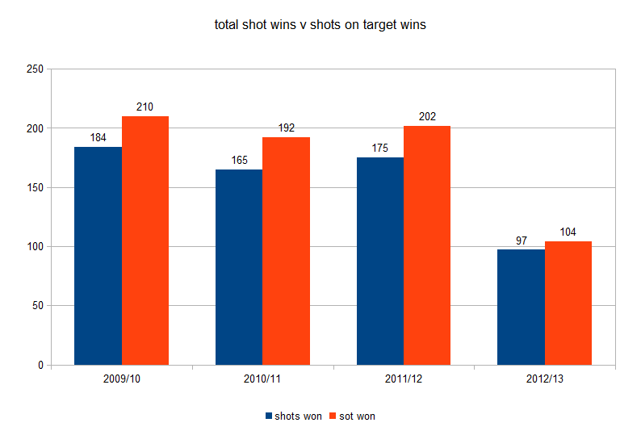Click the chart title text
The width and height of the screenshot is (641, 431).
320,25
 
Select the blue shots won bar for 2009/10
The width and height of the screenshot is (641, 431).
98,256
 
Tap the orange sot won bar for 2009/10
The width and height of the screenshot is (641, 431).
145,241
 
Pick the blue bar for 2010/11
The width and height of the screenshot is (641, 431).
239,267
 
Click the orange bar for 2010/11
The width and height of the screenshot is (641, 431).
286,251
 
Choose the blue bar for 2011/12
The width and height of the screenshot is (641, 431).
380,261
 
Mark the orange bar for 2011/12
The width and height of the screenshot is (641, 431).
427,245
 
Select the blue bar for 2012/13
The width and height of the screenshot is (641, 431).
521,308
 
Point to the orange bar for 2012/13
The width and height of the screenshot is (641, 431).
568,303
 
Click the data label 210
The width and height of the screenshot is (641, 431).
145,107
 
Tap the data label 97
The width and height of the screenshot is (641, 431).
521,240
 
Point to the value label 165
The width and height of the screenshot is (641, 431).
239,160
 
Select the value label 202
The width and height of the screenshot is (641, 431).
427,116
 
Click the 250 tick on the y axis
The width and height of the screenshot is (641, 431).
35,69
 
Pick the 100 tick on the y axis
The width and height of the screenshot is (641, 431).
35,247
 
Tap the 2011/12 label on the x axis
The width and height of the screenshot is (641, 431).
404,379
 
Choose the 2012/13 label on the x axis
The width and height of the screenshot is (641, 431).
544,379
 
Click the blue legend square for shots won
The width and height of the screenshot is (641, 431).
269,416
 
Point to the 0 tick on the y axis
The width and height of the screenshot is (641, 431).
40,366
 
